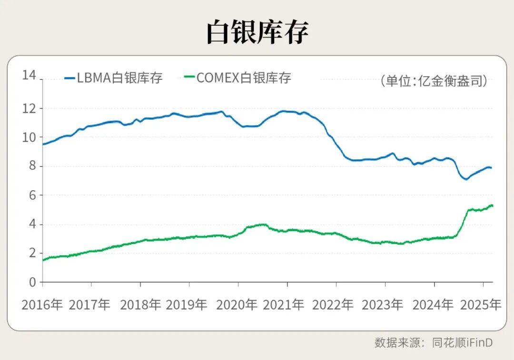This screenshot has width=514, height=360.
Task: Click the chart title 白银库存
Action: [x=257, y=32]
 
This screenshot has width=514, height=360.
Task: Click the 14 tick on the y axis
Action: [x=29, y=75]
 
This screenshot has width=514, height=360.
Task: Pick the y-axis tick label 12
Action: [x=29, y=108]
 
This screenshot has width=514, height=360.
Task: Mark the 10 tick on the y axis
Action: [x=29, y=137]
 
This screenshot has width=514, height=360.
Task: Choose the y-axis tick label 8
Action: [x=32, y=166]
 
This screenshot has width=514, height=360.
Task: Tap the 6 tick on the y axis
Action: [x=32, y=195]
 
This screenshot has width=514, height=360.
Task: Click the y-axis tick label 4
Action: [x=32, y=224]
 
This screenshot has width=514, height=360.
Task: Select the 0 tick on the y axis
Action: [x=32, y=282]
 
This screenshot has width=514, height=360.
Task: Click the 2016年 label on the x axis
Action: [x=42, y=305]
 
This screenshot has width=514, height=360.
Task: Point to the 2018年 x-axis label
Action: [x=140, y=305]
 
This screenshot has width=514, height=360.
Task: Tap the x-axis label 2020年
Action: [x=237, y=305]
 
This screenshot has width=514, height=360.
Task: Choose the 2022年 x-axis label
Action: [x=333, y=305]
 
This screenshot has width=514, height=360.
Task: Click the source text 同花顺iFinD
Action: [x=462, y=342]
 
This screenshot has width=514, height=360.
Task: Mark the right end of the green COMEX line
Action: [x=492, y=205]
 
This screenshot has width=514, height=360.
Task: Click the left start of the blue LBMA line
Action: [x=43, y=144]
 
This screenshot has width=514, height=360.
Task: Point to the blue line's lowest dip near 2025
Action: [x=466, y=179]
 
